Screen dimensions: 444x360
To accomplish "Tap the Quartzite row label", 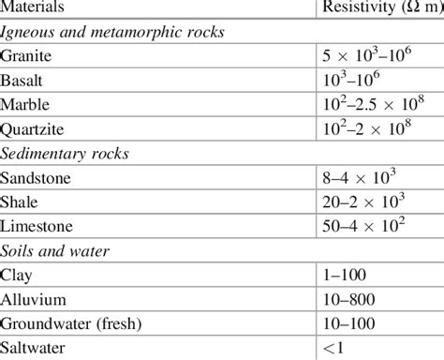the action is (34, 128).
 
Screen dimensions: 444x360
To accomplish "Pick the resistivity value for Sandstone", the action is (351, 177).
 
